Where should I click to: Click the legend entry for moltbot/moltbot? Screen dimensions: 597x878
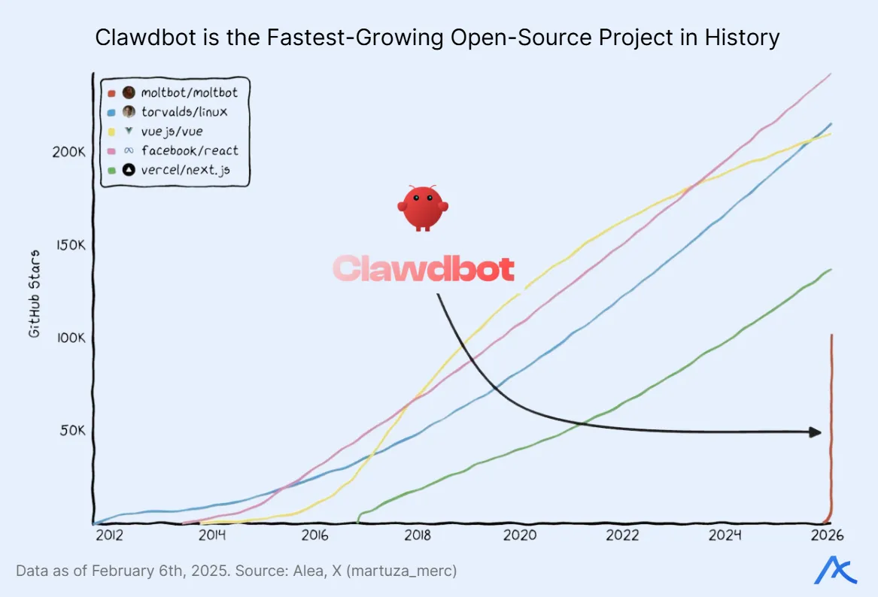[189, 92]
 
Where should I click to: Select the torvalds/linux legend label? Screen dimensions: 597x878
[184, 112]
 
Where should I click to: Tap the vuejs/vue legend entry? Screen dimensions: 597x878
[172, 132]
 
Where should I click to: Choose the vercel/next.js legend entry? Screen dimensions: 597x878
[185, 171]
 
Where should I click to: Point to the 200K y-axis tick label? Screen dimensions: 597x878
[68, 152]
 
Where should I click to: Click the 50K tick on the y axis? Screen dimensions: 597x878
[71, 431]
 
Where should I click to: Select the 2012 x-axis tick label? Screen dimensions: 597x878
[109, 535]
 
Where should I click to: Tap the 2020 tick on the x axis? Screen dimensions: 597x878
[519, 535]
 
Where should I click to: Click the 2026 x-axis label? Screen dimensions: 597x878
[827, 535]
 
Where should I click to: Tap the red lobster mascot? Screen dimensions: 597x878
[423, 208]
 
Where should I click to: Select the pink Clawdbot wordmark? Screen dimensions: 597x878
[424, 269]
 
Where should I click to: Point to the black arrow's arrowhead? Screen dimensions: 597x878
[814, 432]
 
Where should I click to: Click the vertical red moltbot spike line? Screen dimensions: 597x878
[831, 429]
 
